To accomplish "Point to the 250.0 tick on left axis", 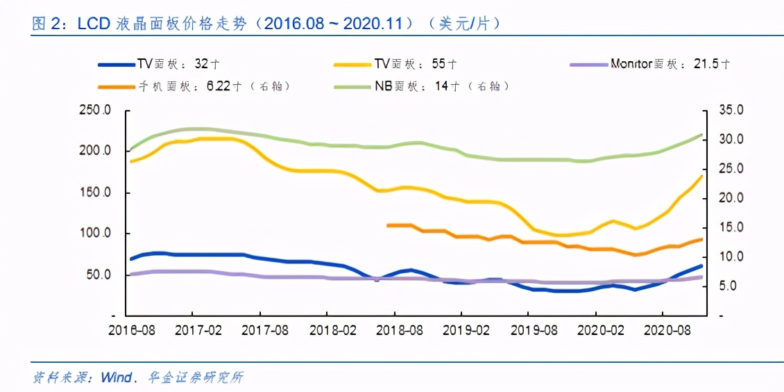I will click(x=96, y=111).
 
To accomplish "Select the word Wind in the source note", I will click(x=116, y=378).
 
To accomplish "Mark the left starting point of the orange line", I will click(x=388, y=225).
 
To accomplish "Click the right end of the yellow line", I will click(x=701, y=176).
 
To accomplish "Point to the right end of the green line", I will click(x=701, y=135).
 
